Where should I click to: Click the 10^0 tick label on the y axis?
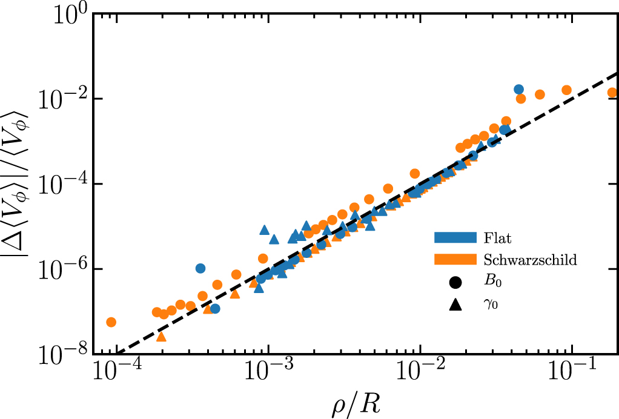(70, 15)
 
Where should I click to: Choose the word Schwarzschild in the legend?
(530, 260)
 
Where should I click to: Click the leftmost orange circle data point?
(111, 322)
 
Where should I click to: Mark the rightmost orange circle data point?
(612, 93)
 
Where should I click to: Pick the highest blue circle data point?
(518, 89)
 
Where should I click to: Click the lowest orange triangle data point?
(161, 337)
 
